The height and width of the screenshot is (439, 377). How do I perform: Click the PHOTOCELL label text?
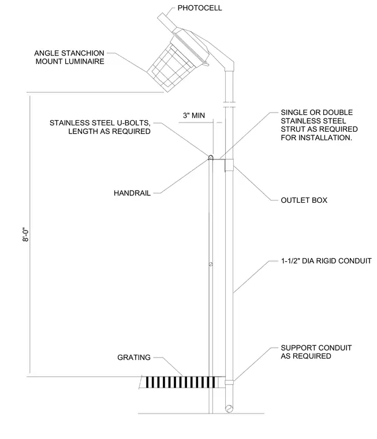[200, 8]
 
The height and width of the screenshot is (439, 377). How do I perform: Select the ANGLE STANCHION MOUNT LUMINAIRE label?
[69, 57]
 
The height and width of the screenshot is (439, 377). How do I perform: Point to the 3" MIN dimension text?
[193, 116]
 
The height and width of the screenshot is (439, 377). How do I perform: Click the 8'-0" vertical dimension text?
[25, 235]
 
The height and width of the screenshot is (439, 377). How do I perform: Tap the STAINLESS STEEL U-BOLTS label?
[100, 127]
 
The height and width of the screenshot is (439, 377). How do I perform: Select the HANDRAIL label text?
[132, 193]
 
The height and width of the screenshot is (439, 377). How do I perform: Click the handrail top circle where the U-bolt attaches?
[211, 157]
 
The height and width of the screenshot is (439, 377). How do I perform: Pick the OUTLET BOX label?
[304, 200]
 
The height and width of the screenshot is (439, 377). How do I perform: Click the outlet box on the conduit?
[229, 165]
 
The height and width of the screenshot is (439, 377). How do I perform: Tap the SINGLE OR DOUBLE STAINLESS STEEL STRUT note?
[319, 125]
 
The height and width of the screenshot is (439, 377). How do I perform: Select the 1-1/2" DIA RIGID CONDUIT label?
[326, 261]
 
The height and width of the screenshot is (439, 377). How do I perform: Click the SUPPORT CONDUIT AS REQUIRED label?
[316, 352]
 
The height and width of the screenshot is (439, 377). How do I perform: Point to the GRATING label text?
[134, 357]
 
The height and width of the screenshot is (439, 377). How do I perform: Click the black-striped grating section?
[181, 382]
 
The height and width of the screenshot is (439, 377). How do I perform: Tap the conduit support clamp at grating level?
[229, 382]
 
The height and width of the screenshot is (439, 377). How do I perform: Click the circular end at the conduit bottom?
[229, 409]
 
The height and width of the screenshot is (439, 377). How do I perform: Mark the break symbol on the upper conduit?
[229, 105]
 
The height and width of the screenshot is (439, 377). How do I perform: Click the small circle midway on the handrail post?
[211, 264]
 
